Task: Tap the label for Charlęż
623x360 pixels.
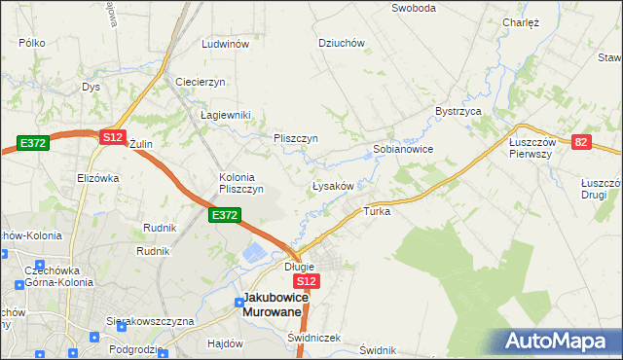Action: [521, 22]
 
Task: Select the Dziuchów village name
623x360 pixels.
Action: [342, 43]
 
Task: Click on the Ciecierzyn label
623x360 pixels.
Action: [201, 82]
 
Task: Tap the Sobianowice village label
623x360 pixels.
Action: [403, 150]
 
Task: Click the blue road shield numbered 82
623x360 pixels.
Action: [582, 142]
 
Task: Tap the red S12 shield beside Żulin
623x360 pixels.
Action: [113, 138]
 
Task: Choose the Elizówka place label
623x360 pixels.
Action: [97, 178]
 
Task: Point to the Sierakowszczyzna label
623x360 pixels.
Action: [151, 321]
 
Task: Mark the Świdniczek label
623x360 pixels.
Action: [313, 338]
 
